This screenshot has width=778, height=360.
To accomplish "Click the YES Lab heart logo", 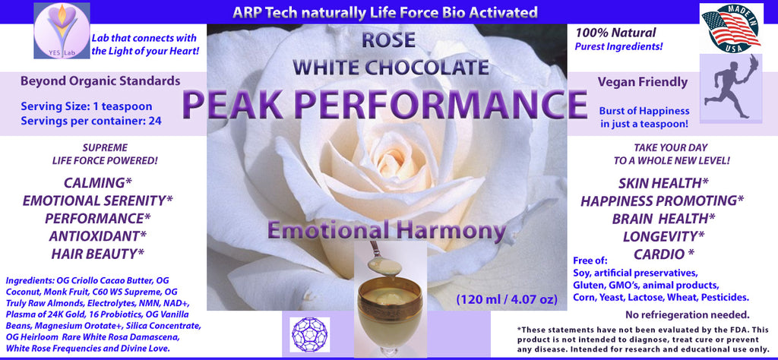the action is (x=62, y=30).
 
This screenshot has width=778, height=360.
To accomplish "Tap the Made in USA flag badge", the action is (x=731, y=28).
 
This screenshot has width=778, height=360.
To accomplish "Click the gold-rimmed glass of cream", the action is (x=390, y=316).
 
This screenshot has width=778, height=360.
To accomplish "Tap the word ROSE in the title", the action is (x=388, y=41).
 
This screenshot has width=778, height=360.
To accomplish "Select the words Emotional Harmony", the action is (x=387, y=231).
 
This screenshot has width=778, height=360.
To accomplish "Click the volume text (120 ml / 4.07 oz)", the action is (x=507, y=299).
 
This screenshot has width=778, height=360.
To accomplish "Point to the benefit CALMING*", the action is (x=98, y=183).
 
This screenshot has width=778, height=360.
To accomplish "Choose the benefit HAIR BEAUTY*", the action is (x=98, y=254).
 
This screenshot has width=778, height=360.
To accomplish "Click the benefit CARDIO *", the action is (x=664, y=254).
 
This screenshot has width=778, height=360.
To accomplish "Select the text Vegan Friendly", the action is (x=643, y=82).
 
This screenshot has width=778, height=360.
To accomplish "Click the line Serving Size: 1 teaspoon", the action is (x=87, y=106).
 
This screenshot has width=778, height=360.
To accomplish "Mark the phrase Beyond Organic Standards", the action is (x=100, y=81).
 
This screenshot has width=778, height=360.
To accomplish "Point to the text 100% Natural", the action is (x=615, y=33).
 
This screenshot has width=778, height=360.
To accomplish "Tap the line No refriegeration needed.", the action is (x=687, y=314).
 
